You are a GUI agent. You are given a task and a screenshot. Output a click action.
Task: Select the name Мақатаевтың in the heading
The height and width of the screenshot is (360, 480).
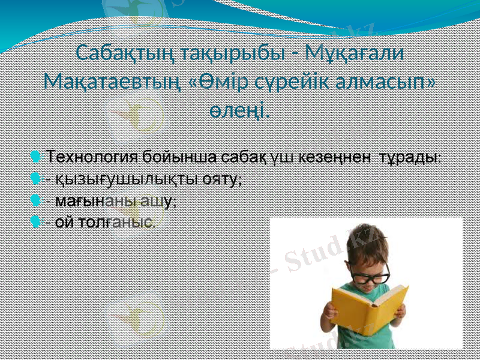pyautogui.click(x=113, y=81)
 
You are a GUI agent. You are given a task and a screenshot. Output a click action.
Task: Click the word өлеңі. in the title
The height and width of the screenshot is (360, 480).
pyautogui.click(x=239, y=109)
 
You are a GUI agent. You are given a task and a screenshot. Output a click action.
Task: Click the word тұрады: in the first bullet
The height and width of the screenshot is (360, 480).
pyautogui.click(x=413, y=157)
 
